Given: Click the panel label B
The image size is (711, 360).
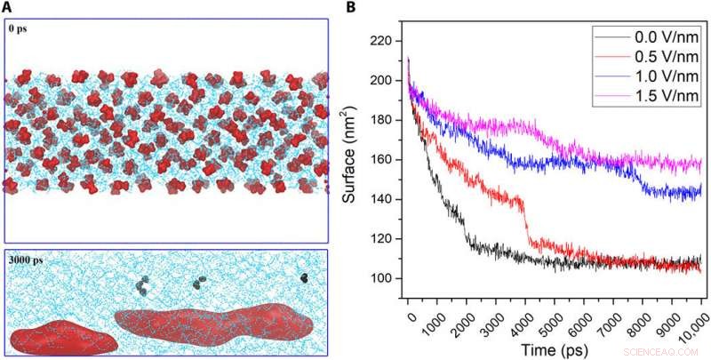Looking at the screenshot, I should point(350,7).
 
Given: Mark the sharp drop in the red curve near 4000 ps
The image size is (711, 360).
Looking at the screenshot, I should point(526,222).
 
